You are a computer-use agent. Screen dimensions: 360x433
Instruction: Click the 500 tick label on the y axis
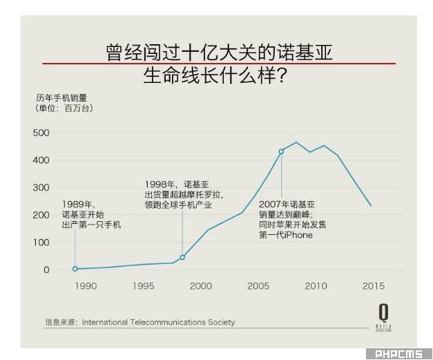tap(41, 133)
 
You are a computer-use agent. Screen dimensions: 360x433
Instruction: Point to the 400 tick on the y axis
tap(41, 160)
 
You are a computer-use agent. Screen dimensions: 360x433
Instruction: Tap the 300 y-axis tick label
tap(41, 188)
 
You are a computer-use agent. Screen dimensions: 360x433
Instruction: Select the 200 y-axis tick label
tap(41, 215)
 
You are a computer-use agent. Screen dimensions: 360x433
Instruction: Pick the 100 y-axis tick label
tap(41, 243)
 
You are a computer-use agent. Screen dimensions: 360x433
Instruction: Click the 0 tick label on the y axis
tap(47, 270)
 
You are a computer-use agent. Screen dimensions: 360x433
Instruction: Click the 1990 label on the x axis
tap(86, 286)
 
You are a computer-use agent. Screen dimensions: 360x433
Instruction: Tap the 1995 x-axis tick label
tap(143, 286)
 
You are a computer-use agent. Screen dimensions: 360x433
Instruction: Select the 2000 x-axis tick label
tap(201, 286)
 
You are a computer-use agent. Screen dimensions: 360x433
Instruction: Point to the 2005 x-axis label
tap(258, 286)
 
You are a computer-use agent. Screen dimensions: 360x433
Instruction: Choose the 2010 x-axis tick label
tap(316, 286)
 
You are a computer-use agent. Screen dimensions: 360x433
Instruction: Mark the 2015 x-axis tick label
tap(374, 286)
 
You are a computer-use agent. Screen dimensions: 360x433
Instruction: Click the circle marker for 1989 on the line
tap(75, 269)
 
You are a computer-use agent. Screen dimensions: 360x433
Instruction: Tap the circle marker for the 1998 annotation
tap(182, 257)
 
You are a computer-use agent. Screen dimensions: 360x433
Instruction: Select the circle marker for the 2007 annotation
tap(281, 151)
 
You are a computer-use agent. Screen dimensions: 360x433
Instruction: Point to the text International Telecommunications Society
tap(158, 322)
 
